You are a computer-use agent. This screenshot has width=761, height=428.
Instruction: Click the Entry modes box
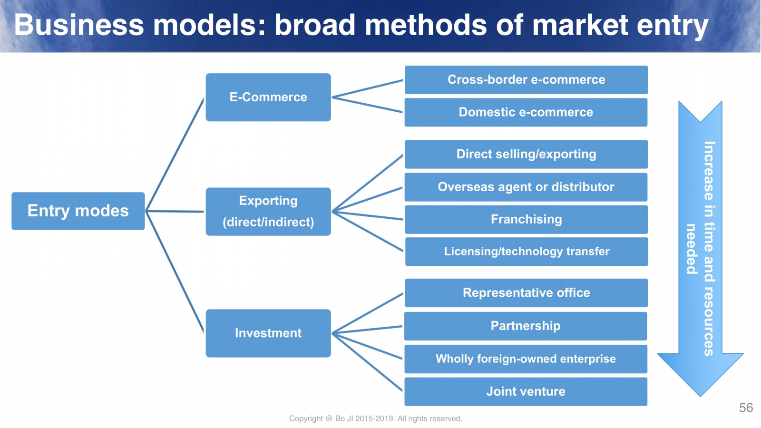78,211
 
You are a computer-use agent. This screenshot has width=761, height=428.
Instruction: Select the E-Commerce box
268,97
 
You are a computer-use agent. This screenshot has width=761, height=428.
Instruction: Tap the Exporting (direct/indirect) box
268,211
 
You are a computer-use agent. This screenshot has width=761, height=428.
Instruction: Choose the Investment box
268,333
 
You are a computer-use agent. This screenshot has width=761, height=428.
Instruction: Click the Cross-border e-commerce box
526,79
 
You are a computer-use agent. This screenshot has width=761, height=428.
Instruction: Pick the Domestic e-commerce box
526,112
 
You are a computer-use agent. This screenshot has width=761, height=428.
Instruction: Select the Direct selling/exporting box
526,154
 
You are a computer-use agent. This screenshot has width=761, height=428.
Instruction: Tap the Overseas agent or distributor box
526,187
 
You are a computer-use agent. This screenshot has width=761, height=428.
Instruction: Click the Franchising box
526,219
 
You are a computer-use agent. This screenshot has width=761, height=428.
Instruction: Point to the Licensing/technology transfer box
526,252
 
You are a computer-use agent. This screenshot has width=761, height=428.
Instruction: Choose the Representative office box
526,293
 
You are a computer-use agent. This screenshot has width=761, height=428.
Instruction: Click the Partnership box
526,326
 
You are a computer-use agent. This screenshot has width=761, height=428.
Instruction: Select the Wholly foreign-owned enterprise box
526,359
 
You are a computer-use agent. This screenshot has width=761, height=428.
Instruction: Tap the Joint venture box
526,391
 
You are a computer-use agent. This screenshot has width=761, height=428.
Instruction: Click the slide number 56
746,408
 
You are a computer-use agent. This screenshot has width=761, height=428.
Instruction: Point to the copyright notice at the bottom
375,418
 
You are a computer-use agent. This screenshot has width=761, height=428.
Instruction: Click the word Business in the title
79,25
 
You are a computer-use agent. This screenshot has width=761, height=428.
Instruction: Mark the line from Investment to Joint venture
367,362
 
